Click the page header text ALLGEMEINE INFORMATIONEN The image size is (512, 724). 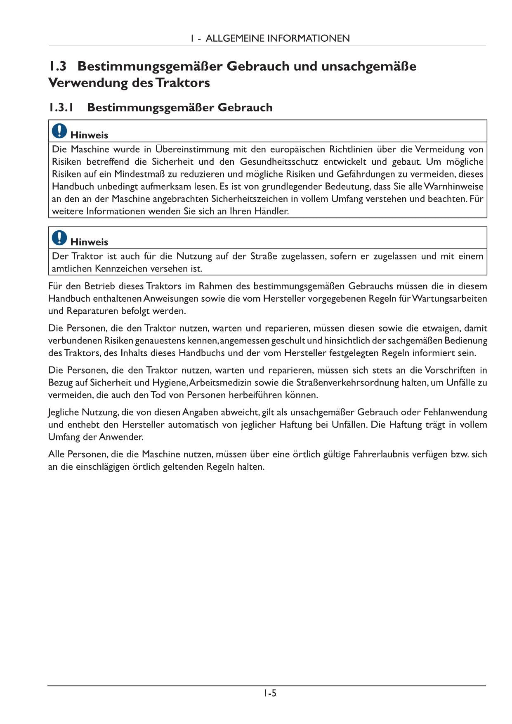(277, 38)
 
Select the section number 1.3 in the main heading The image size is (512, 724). (57, 66)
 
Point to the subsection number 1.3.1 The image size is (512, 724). (61, 108)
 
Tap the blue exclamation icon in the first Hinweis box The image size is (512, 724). (59, 131)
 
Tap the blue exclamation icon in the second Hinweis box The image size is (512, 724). (59, 238)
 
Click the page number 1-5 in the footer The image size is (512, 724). (270, 693)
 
